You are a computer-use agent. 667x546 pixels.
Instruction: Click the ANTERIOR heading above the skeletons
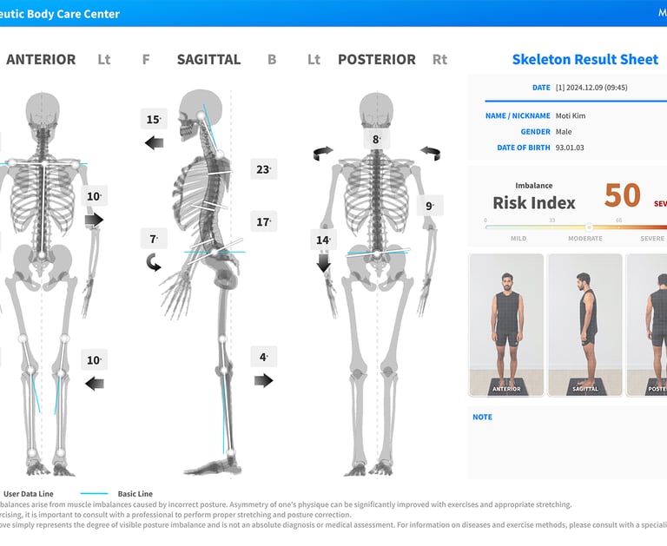click(41, 60)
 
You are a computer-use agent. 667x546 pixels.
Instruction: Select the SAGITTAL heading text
click(208, 60)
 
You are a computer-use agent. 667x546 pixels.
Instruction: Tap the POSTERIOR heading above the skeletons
click(376, 60)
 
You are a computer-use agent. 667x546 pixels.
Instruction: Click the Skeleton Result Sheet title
click(584, 60)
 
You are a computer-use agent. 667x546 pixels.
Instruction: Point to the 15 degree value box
click(154, 120)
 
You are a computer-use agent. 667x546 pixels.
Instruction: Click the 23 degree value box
click(263, 169)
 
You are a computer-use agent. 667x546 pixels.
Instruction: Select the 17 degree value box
click(263, 222)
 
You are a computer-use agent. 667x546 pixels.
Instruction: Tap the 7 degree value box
click(154, 239)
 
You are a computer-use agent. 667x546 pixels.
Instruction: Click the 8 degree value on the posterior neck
click(376, 139)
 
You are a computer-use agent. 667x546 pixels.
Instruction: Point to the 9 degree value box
click(429, 206)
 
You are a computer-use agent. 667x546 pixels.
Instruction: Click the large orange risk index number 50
click(623, 196)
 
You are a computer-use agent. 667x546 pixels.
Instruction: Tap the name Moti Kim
click(575, 115)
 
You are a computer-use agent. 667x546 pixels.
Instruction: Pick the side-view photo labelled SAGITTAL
click(584, 324)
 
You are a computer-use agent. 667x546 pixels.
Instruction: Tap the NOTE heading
click(482, 418)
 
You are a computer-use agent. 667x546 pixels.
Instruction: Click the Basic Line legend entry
click(138, 493)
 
